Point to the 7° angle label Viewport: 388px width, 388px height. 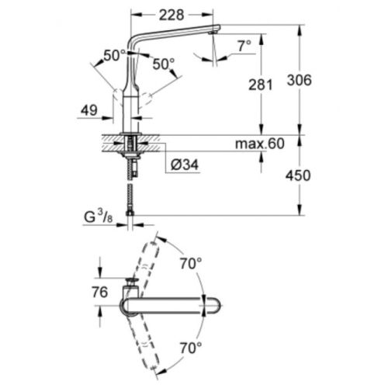[244, 47]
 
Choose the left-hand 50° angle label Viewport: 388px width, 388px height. [114, 57]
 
